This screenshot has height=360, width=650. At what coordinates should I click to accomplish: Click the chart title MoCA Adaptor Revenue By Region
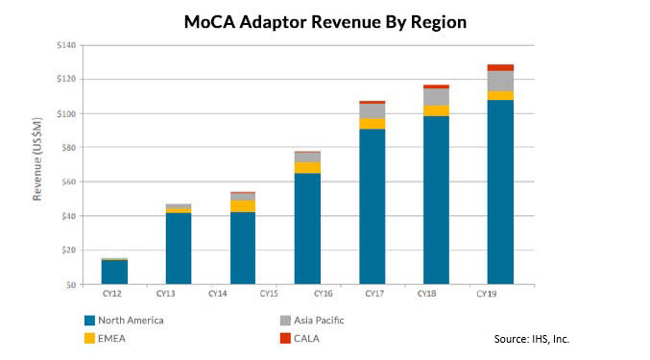pyautogui.click(x=325, y=22)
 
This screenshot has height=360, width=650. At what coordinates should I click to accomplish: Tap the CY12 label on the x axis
pyautogui.click(x=114, y=293)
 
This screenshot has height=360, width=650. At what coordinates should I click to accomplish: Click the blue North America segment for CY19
pyautogui.click(x=500, y=192)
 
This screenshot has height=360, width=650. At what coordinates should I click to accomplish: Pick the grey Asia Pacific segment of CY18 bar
pyautogui.click(x=436, y=96)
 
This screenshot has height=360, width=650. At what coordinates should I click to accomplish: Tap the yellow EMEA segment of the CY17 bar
pyautogui.click(x=372, y=123)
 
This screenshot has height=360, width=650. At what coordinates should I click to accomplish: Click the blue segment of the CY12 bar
pyautogui.click(x=114, y=272)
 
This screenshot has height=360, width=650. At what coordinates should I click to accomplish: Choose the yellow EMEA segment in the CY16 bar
pyautogui.click(x=307, y=167)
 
